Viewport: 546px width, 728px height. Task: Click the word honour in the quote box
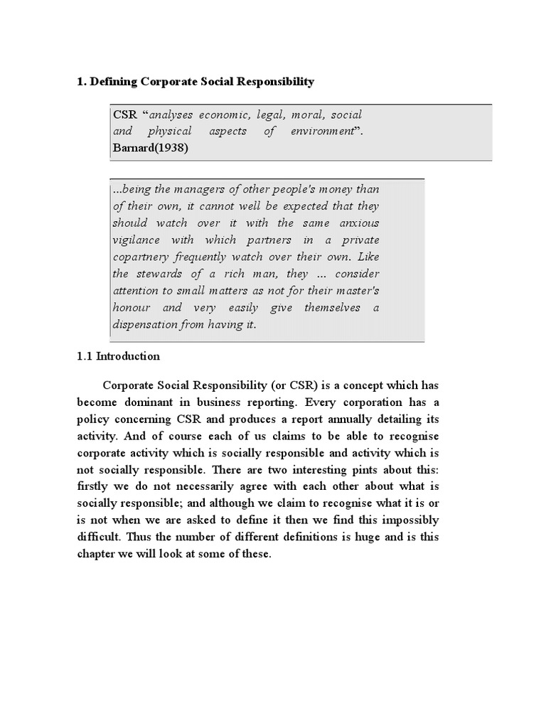132,308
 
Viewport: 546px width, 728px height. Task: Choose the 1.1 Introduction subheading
118,356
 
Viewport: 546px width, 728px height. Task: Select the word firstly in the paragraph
96,487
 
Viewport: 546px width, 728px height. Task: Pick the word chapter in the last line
97,555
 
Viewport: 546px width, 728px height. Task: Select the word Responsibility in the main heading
271,82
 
